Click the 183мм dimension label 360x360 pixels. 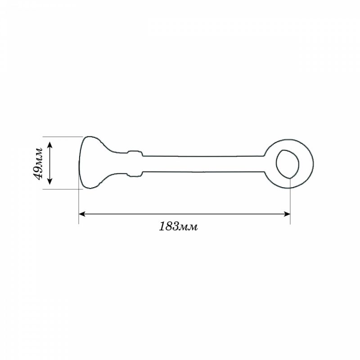tap(178, 226)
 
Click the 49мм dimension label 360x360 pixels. tap(37, 163)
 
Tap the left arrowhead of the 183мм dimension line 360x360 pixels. tap(82, 214)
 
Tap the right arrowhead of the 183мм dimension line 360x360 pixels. tap(287, 214)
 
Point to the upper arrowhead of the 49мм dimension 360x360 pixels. tap(50, 145)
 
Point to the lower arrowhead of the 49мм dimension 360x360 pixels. tap(50, 181)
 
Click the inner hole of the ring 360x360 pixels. tap(288, 164)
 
